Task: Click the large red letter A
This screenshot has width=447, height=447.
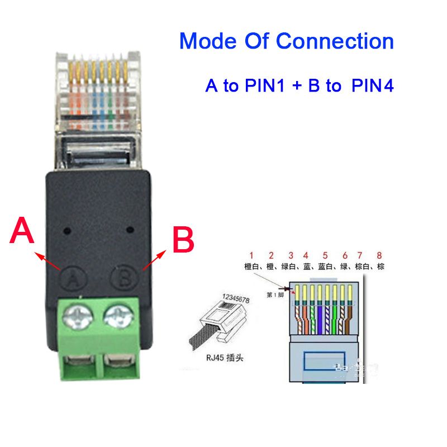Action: tap(23, 232)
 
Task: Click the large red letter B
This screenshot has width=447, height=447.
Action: tap(182, 240)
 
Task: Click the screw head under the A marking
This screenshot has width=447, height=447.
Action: tap(76, 319)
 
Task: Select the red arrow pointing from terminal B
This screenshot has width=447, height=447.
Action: tap(154, 260)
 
